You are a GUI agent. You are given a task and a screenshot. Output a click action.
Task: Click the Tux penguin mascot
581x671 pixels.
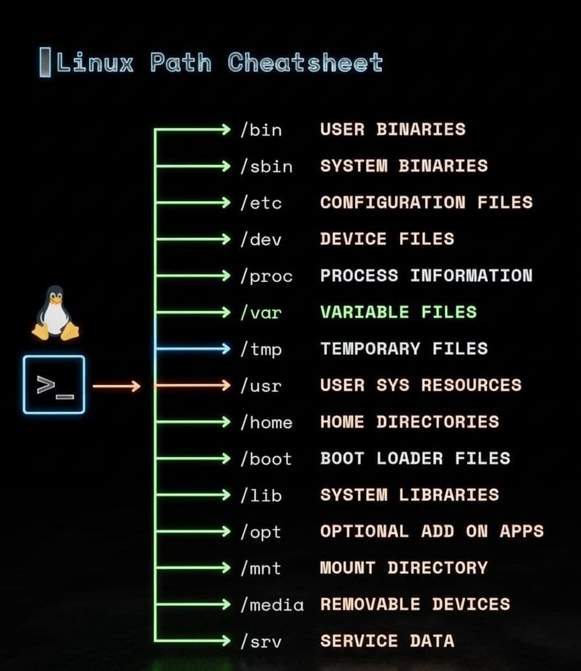point(55,313)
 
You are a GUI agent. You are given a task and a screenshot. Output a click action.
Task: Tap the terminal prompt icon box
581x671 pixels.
point(54,384)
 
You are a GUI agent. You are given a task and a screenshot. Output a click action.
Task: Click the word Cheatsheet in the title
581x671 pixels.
point(305,62)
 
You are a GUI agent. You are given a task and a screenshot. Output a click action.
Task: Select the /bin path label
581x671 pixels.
point(261,130)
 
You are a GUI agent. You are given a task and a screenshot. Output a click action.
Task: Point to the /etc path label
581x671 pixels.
point(261,203)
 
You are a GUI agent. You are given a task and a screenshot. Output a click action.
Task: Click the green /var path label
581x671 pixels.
point(261,313)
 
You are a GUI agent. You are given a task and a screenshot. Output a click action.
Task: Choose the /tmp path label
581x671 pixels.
point(261,349)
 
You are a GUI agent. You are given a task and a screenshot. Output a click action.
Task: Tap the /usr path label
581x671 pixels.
point(261,386)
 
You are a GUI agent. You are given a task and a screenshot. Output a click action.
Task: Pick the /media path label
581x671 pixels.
point(272,605)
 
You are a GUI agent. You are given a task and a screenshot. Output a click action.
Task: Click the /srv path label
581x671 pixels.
point(261,641)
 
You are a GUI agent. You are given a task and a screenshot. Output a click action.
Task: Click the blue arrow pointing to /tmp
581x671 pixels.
point(193,349)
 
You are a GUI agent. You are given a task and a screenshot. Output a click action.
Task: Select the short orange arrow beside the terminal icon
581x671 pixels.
point(117,386)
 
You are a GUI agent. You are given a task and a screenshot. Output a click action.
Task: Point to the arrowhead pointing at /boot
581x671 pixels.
point(226,459)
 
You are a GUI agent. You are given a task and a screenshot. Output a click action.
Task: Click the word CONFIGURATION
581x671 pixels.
point(393,203)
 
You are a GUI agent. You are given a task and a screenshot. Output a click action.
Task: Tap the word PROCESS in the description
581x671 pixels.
point(359,276)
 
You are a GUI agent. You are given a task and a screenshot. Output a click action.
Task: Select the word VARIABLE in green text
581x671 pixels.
point(365,312)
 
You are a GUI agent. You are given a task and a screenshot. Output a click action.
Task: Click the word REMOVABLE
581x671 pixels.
point(370,605)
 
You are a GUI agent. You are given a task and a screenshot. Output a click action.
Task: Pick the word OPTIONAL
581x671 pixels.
point(365,531)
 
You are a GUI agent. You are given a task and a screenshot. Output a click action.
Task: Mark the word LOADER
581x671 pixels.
point(409,458)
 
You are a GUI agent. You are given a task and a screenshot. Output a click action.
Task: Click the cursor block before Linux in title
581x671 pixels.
point(45,62)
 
